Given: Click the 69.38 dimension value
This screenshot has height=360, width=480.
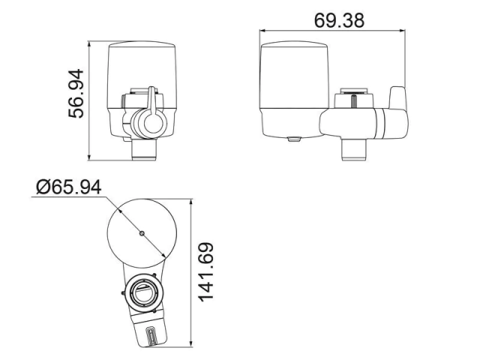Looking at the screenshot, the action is coord(339,20).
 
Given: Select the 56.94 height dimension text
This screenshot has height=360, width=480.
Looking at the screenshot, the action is coord(76,94).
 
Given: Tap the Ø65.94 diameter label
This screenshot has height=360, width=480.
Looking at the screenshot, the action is coord(68,187).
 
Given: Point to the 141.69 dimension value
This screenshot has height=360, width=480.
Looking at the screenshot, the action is coord(206,272).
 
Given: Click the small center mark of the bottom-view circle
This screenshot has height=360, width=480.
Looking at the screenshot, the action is coord(142,233).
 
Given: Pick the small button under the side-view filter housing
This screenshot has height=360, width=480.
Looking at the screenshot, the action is coord(294,139).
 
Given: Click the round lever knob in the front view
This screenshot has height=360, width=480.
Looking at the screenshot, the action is coord(153,122).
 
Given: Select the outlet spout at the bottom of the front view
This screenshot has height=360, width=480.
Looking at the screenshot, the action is coord(144,149).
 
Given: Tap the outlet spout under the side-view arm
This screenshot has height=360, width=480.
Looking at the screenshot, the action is coord(354,149).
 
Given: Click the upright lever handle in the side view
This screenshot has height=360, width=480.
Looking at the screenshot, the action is coord(397,97).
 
